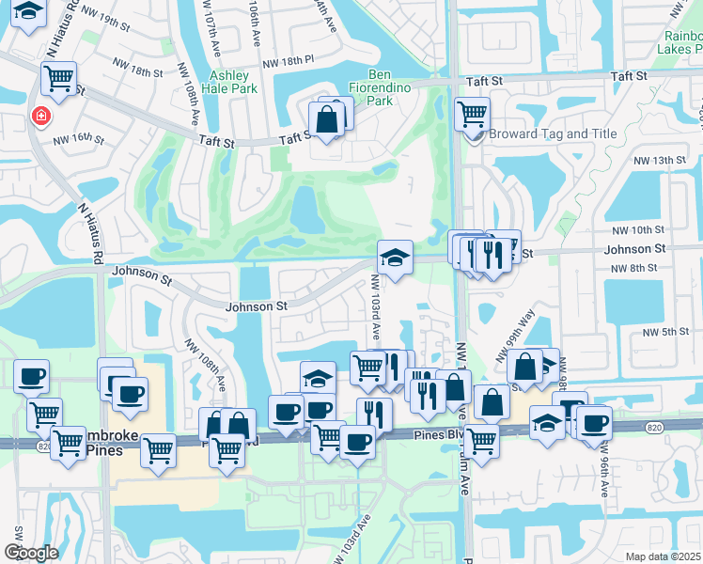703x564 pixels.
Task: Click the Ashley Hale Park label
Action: coord(229,82)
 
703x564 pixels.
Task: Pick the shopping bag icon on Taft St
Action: coord(327,120)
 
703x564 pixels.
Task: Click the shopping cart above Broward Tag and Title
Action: coord(472,115)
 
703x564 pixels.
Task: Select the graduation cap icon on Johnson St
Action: coord(396,257)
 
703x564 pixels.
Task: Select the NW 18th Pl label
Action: coord(288,63)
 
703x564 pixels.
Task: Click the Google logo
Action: coord(31,553)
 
